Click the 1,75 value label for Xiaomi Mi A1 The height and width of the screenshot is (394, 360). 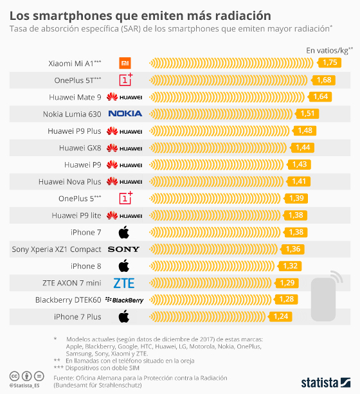[x=330, y=62]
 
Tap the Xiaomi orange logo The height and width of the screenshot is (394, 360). [x=125, y=63]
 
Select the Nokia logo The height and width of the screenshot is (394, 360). [x=125, y=114]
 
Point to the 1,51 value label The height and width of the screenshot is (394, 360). [x=310, y=113]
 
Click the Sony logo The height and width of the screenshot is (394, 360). [x=123, y=249]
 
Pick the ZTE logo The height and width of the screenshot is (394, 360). [x=123, y=283]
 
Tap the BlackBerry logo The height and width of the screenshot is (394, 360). [x=124, y=300]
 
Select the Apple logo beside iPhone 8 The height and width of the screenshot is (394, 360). [x=123, y=265]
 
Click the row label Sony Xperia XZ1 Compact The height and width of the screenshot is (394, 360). [x=57, y=249]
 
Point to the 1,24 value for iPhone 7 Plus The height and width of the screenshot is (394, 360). [x=281, y=316]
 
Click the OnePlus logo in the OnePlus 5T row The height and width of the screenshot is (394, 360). [x=125, y=80]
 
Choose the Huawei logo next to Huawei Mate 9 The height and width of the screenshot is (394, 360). [x=125, y=97]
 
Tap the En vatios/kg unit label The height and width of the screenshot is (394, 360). [x=328, y=49]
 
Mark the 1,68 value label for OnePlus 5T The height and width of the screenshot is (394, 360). [x=324, y=80]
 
